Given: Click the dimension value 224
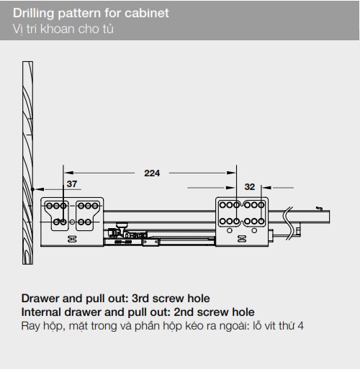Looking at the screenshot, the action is [152, 173].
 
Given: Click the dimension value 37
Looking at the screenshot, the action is [72, 184].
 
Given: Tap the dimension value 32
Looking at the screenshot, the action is [250, 187].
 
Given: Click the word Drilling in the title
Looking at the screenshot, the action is [34, 14].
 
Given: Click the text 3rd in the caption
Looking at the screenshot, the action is [140, 299].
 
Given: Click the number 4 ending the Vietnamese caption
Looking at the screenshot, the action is [300, 326].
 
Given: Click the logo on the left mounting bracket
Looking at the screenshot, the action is [72, 239].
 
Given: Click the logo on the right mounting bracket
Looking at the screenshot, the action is [242, 239].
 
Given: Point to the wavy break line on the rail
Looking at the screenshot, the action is [288, 222].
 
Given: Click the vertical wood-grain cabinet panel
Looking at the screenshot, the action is [28, 163].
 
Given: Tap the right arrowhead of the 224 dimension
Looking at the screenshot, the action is [231, 173].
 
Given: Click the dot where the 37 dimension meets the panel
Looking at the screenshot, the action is [33, 189].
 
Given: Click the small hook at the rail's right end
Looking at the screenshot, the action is [319, 208].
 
